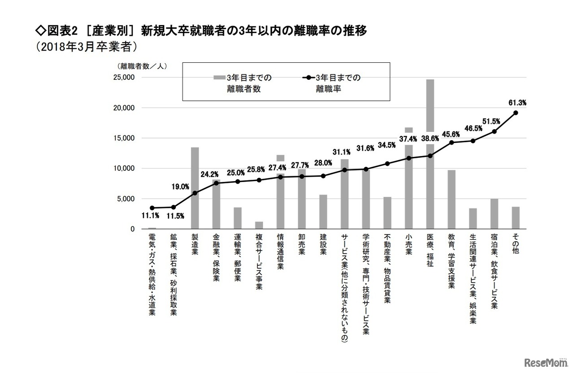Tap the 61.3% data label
pos(517,103)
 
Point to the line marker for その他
pos(516,113)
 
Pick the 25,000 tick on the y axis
pos(122,77)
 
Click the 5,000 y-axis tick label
pos(125,199)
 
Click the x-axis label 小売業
pos(409,246)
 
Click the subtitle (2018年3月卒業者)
pos(86,47)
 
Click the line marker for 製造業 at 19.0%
pos(195,193)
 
